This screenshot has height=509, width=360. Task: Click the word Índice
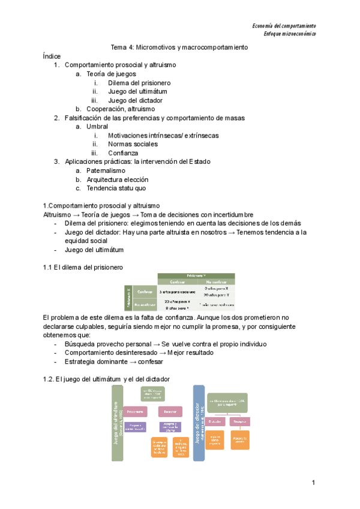point(52,56)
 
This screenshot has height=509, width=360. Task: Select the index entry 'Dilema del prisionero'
point(139,82)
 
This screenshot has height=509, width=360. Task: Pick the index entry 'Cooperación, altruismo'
point(121,109)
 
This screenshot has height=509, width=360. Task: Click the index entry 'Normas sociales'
point(133,144)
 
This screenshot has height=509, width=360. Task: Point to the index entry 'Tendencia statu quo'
point(116,188)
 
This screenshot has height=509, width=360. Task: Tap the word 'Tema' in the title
point(120,47)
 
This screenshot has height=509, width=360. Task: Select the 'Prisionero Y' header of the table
point(196,275)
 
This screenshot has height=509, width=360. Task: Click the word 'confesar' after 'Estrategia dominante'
point(150,361)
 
